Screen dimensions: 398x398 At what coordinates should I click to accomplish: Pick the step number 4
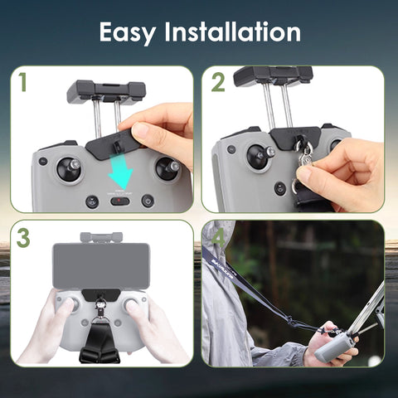[x=218, y=239]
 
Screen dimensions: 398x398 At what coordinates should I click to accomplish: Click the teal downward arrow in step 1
[x=122, y=175]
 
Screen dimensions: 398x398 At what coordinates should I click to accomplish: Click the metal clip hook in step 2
[x=304, y=155]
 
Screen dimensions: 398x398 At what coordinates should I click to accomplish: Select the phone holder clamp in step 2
[x=273, y=75]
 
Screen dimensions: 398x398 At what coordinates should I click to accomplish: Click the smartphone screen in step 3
[x=101, y=265]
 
